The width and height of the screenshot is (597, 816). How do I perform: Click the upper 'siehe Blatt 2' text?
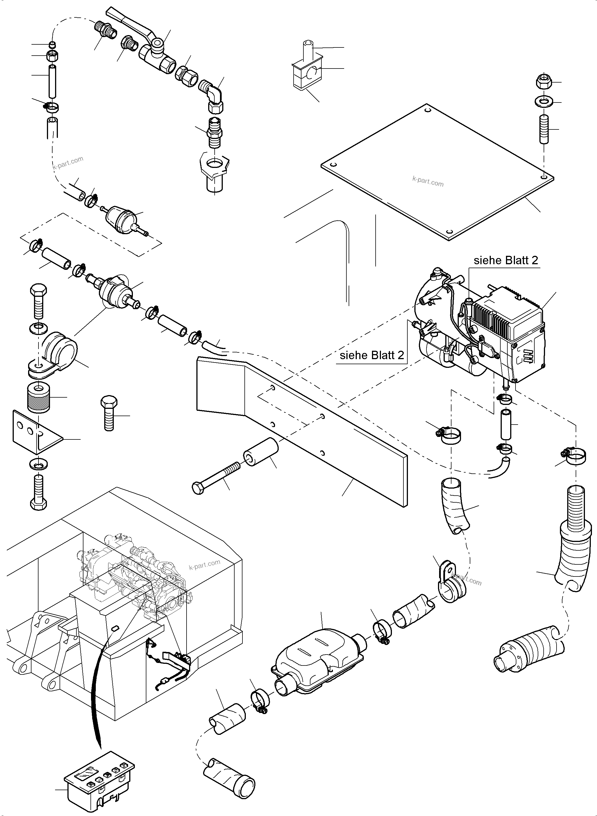click(x=506, y=261)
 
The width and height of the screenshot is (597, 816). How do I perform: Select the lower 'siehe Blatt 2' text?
click(x=371, y=355)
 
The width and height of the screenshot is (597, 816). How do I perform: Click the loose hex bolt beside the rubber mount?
click(x=109, y=414)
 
